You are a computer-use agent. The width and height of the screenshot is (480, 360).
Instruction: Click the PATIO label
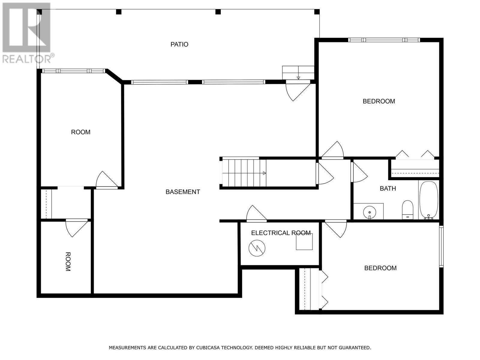point(179,44)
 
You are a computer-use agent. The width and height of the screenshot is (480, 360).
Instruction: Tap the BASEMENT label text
point(183,192)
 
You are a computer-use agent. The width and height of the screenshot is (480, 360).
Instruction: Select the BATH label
point(388,189)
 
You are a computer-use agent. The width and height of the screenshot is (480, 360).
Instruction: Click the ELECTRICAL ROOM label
point(280,233)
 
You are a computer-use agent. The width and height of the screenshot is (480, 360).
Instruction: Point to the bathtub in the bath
point(429,199)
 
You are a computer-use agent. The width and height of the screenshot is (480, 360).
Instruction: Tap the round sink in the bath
point(369,212)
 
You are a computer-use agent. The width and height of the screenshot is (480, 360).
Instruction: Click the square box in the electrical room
point(304,242)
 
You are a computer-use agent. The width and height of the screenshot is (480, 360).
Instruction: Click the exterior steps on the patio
point(298,73)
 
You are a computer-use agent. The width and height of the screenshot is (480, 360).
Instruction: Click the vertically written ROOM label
point(68,262)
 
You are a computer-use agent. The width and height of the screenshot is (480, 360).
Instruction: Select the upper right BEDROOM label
point(379,101)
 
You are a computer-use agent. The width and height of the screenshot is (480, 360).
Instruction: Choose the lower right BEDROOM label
point(380,268)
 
